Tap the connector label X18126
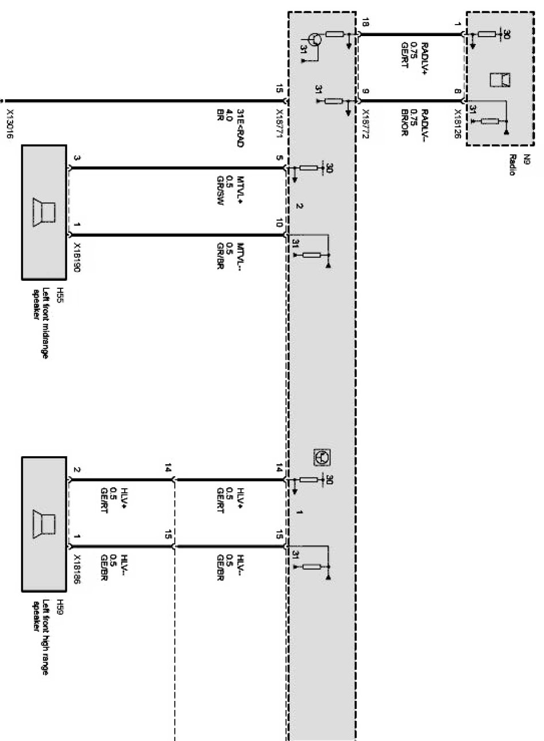(x=458, y=122)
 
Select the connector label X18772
(x=365, y=122)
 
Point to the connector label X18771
(x=279, y=122)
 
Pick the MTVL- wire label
(x=232, y=255)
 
